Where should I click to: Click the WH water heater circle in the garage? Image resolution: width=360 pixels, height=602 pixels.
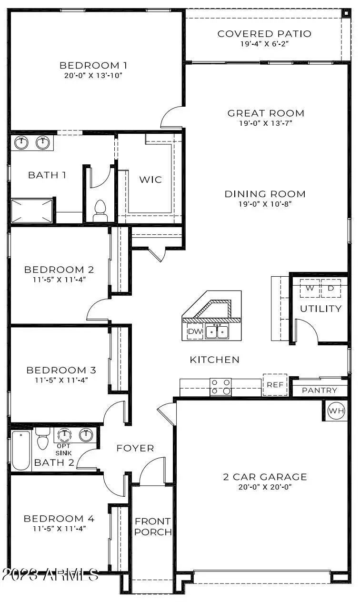click(x=336, y=411)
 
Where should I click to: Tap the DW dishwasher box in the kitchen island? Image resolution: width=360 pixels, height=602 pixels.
click(x=195, y=331)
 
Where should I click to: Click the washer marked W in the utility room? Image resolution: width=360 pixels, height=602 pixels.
click(x=310, y=289)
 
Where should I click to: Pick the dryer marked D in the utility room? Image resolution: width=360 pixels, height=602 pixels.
click(x=331, y=289)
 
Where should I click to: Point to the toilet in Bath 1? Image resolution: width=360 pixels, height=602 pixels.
click(x=100, y=211)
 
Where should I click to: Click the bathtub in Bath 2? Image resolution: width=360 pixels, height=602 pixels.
click(x=21, y=450)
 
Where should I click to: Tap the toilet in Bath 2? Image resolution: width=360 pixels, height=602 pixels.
click(x=43, y=438)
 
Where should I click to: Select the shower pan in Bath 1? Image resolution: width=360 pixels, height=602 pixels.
click(x=32, y=211)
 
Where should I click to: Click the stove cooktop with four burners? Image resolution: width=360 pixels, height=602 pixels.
click(x=220, y=387)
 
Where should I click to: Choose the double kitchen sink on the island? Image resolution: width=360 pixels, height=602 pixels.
click(x=217, y=331)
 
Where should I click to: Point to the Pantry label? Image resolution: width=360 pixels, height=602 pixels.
click(x=320, y=391)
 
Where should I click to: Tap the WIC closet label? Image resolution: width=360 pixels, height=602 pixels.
click(x=150, y=180)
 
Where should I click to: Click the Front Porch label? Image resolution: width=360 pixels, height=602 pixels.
click(x=153, y=526)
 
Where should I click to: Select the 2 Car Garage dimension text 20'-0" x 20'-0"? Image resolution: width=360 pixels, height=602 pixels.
click(x=265, y=487)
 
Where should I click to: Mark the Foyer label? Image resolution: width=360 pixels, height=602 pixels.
click(x=135, y=448)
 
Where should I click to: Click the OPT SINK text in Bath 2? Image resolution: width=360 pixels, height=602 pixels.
click(x=63, y=450)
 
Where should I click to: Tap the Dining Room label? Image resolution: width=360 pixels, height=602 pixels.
click(x=265, y=194)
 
